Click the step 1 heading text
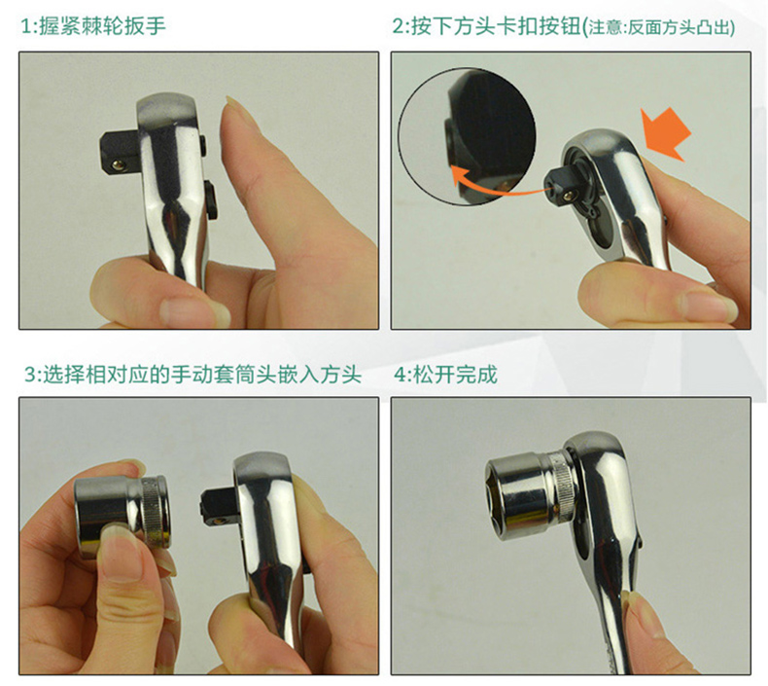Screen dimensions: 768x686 pyautogui.click(x=93, y=26)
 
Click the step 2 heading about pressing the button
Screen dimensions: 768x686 pyautogui.click(x=563, y=26)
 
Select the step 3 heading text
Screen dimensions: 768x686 pyautogui.click(x=192, y=375)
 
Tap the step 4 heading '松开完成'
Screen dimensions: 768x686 pyautogui.click(x=445, y=375)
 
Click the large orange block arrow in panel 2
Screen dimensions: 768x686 pyautogui.click(x=667, y=133)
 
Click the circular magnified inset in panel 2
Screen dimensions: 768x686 pyautogui.click(x=467, y=136)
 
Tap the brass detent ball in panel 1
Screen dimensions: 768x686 pyautogui.click(x=118, y=164)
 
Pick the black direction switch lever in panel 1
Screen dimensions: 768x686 pyautogui.click(x=212, y=199)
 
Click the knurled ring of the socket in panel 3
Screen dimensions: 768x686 pyautogui.click(x=157, y=512)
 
